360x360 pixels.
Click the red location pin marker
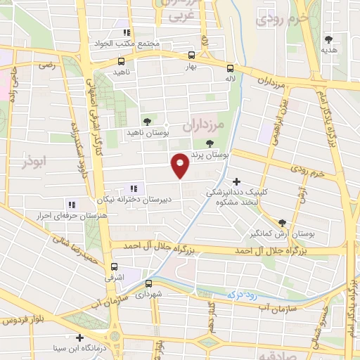point(181,166)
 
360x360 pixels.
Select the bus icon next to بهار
point(191,54)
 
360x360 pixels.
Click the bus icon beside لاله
point(230,68)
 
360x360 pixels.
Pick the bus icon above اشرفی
point(114,266)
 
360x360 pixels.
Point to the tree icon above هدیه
point(328,39)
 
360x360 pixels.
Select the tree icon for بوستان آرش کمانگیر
point(282,220)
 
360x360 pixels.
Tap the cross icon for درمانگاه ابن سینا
point(80,337)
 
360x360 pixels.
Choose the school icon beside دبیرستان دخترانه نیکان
point(134,188)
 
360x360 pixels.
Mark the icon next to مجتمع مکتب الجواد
point(126,32)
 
